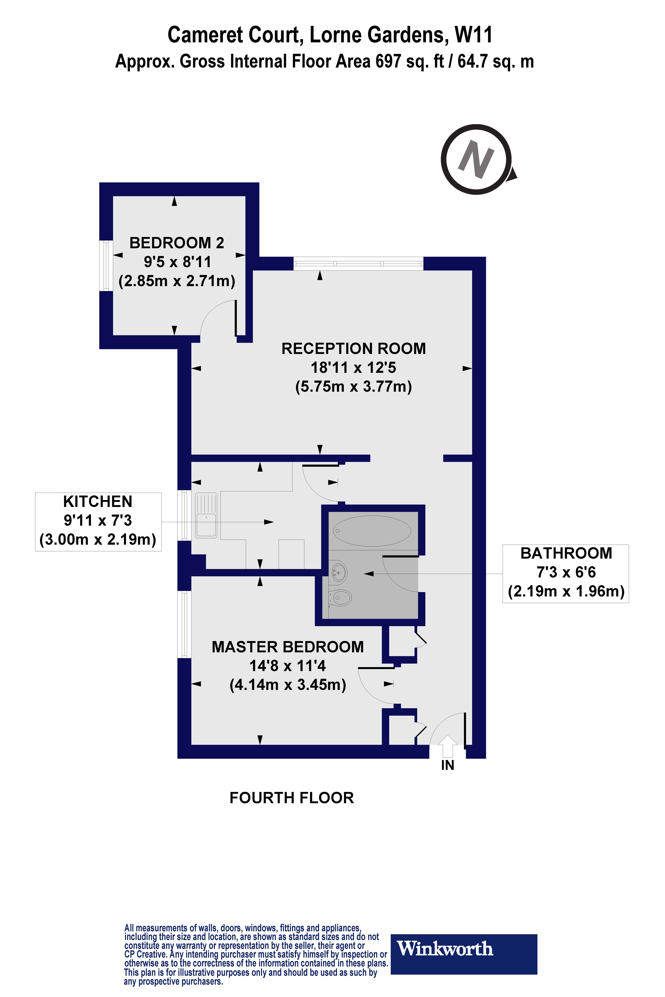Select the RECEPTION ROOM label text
353,348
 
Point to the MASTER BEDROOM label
288,647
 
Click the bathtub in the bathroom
372,531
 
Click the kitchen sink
206,515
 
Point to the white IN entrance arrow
447,746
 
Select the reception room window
358,263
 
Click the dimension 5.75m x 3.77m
353,387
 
